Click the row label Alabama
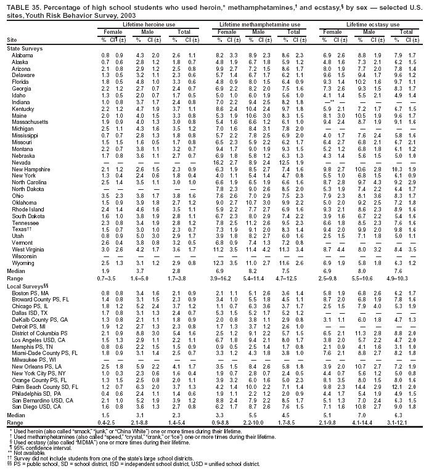pos(22,55)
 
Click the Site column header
pos(11,39)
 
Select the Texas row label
pos(20,247)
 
